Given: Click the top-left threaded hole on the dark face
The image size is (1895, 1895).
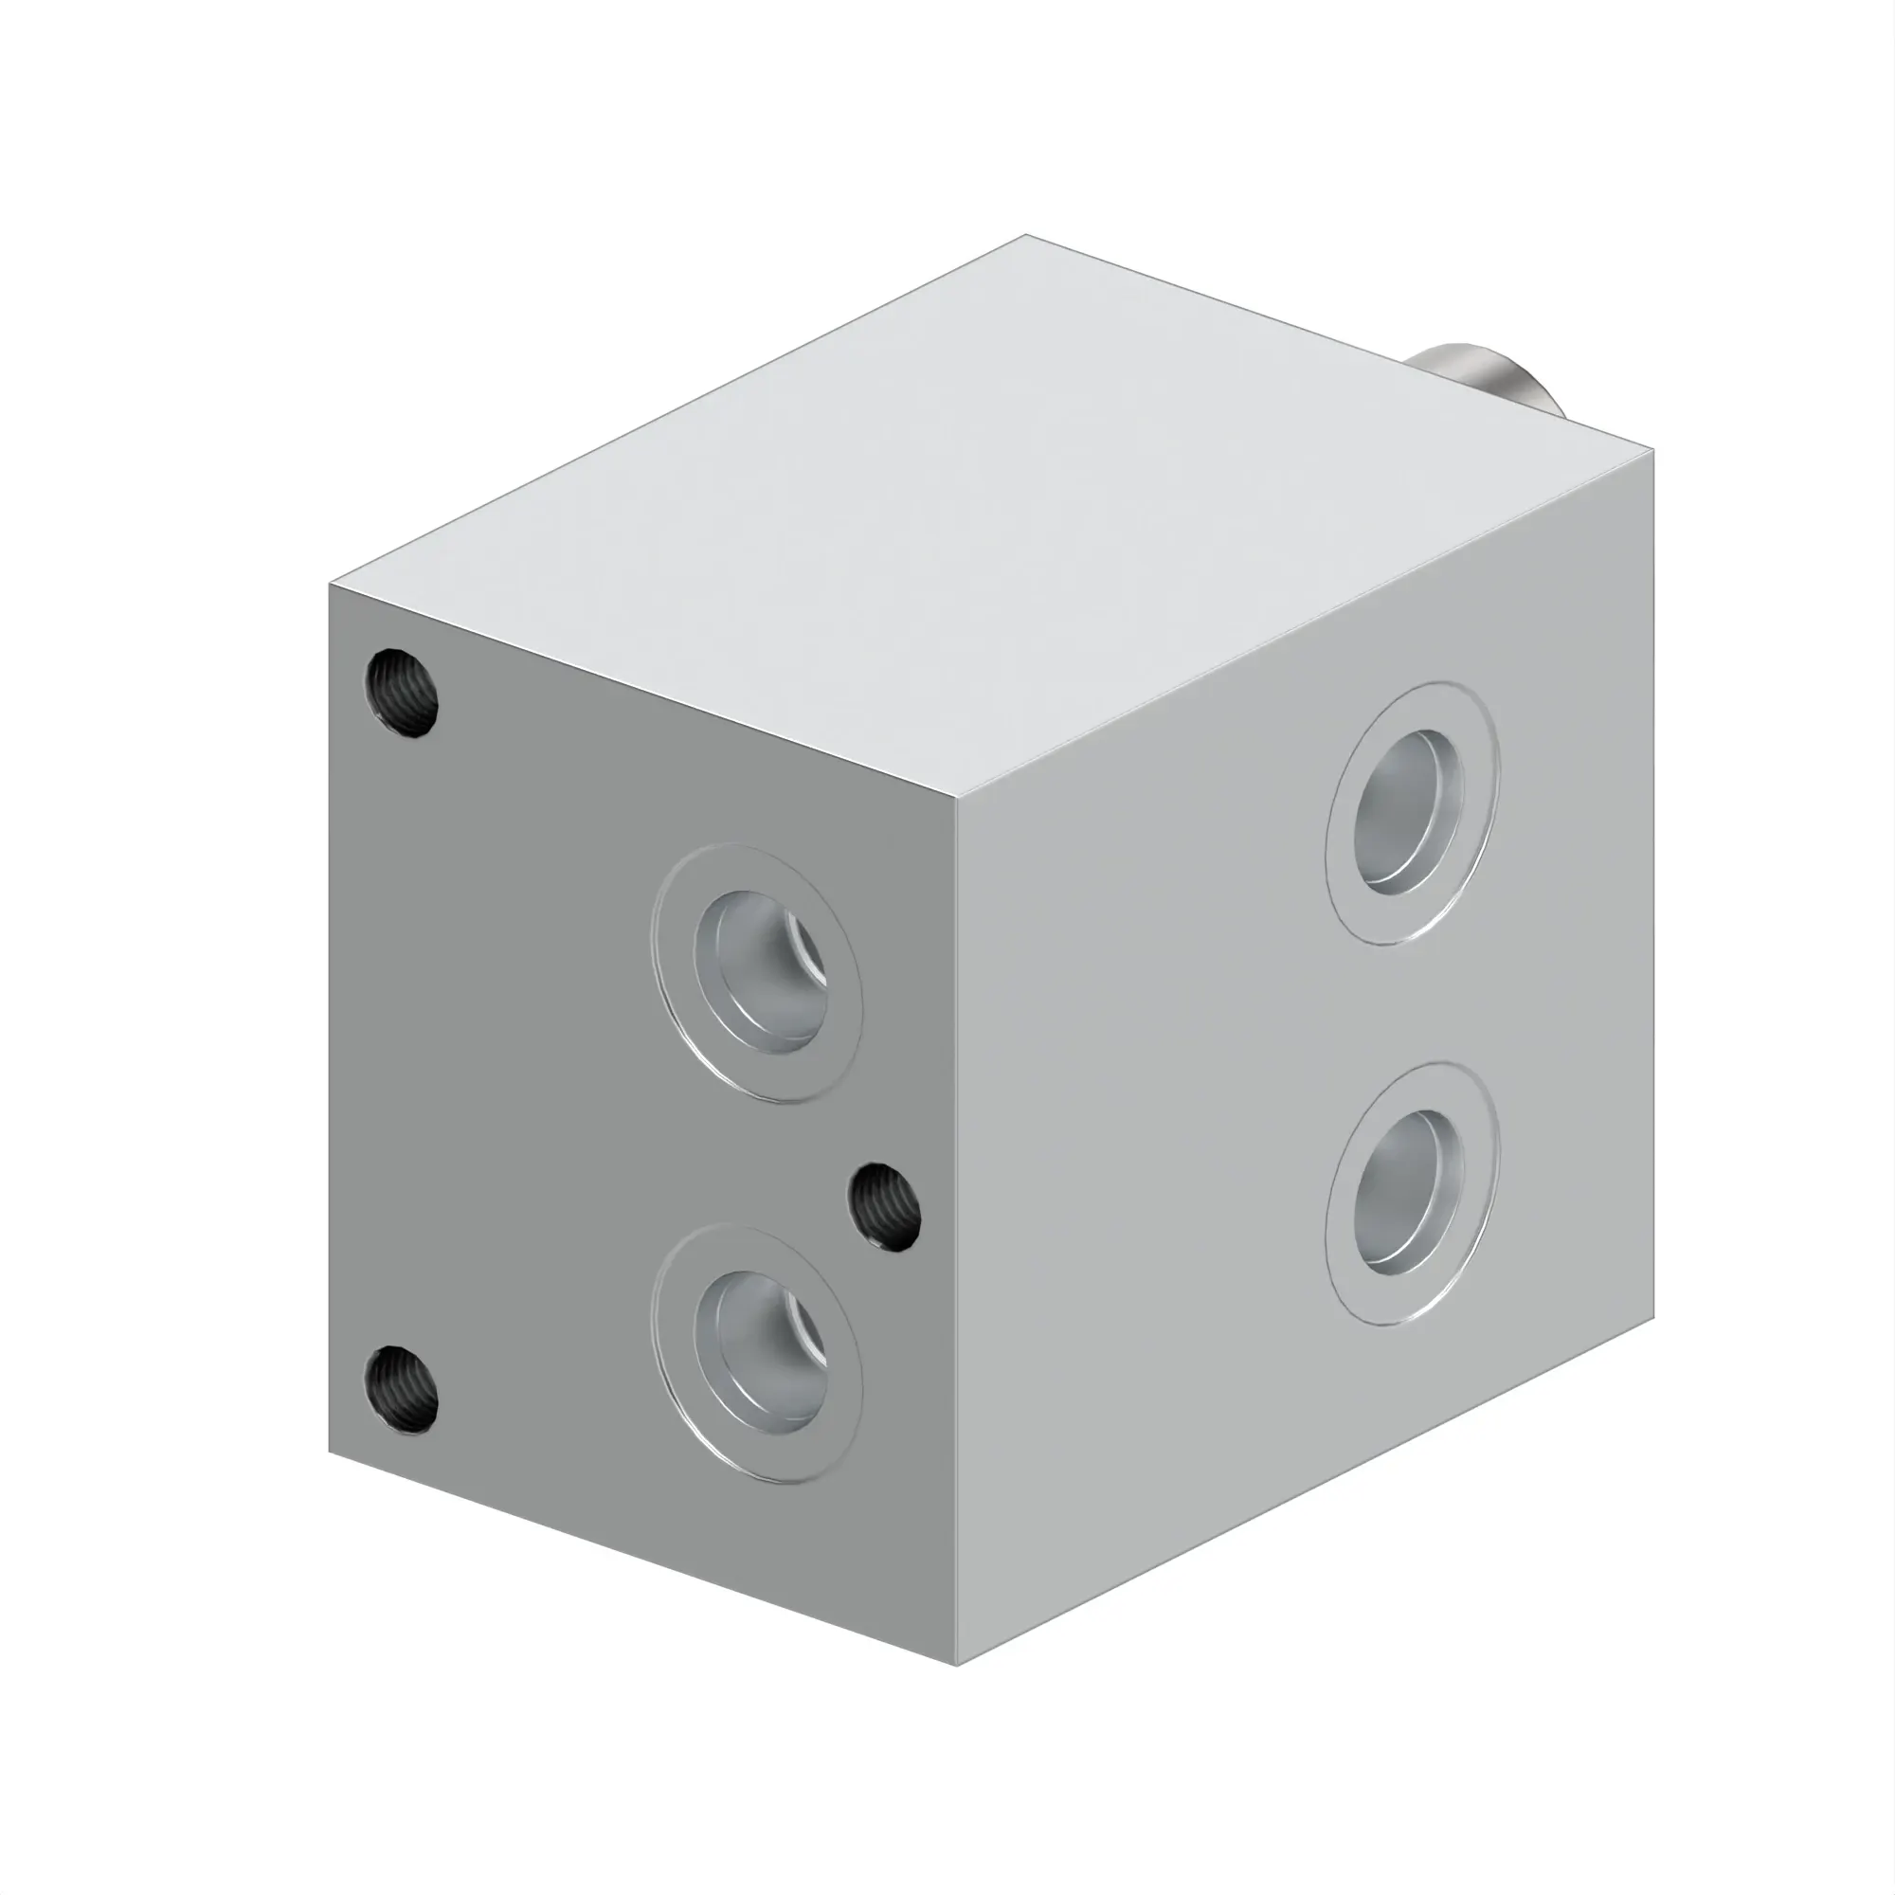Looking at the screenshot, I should (x=401, y=693).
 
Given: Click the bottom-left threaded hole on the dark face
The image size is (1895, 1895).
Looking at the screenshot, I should (x=401, y=1390).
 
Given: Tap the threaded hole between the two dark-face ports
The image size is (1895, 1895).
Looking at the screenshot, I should (x=884, y=1206).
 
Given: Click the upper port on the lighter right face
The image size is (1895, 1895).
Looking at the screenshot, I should (x=1411, y=813).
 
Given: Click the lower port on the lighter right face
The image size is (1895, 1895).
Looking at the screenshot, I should (x=1411, y=1194).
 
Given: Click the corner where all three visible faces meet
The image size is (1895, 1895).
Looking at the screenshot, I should (x=957, y=800).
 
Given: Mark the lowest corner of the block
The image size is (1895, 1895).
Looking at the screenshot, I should (x=957, y=1665).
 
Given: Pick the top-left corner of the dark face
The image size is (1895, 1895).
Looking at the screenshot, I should (x=330, y=585).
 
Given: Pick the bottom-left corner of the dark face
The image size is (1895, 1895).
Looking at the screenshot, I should (x=330, y=1453).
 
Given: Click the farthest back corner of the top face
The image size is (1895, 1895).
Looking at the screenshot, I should (x=1026, y=235).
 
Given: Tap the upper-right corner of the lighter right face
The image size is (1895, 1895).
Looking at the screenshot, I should (x=1653, y=451).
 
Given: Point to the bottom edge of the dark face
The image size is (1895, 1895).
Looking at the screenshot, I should (x=642, y=1560).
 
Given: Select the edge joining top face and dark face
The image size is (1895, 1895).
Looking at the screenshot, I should (x=642, y=692).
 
